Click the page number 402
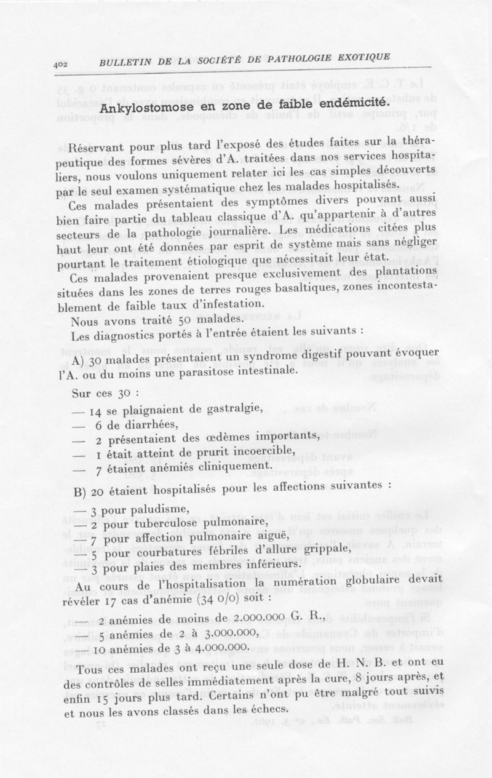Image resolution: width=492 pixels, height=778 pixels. tap(62, 64)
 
